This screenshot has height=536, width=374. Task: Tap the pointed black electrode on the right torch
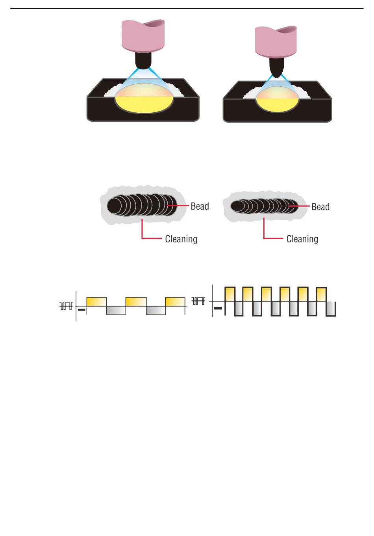[277, 67]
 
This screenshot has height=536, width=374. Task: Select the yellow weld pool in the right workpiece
[277, 104]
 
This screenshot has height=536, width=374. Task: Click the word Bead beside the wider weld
[200, 206]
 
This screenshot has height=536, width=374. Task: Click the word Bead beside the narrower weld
[320, 207]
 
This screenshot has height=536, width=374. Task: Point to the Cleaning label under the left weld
[181, 239]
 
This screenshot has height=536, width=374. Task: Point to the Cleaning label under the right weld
[302, 239]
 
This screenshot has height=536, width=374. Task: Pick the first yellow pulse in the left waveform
[96, 302]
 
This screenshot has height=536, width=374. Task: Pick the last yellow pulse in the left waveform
[175, 302]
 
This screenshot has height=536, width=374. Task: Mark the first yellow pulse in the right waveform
[230, 294]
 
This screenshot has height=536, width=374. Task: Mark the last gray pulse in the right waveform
[331, 309]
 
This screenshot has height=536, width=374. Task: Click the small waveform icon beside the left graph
[66, 306]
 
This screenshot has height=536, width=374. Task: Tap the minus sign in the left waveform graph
[81, 310]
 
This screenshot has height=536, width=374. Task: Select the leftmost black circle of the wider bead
[116, 205]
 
